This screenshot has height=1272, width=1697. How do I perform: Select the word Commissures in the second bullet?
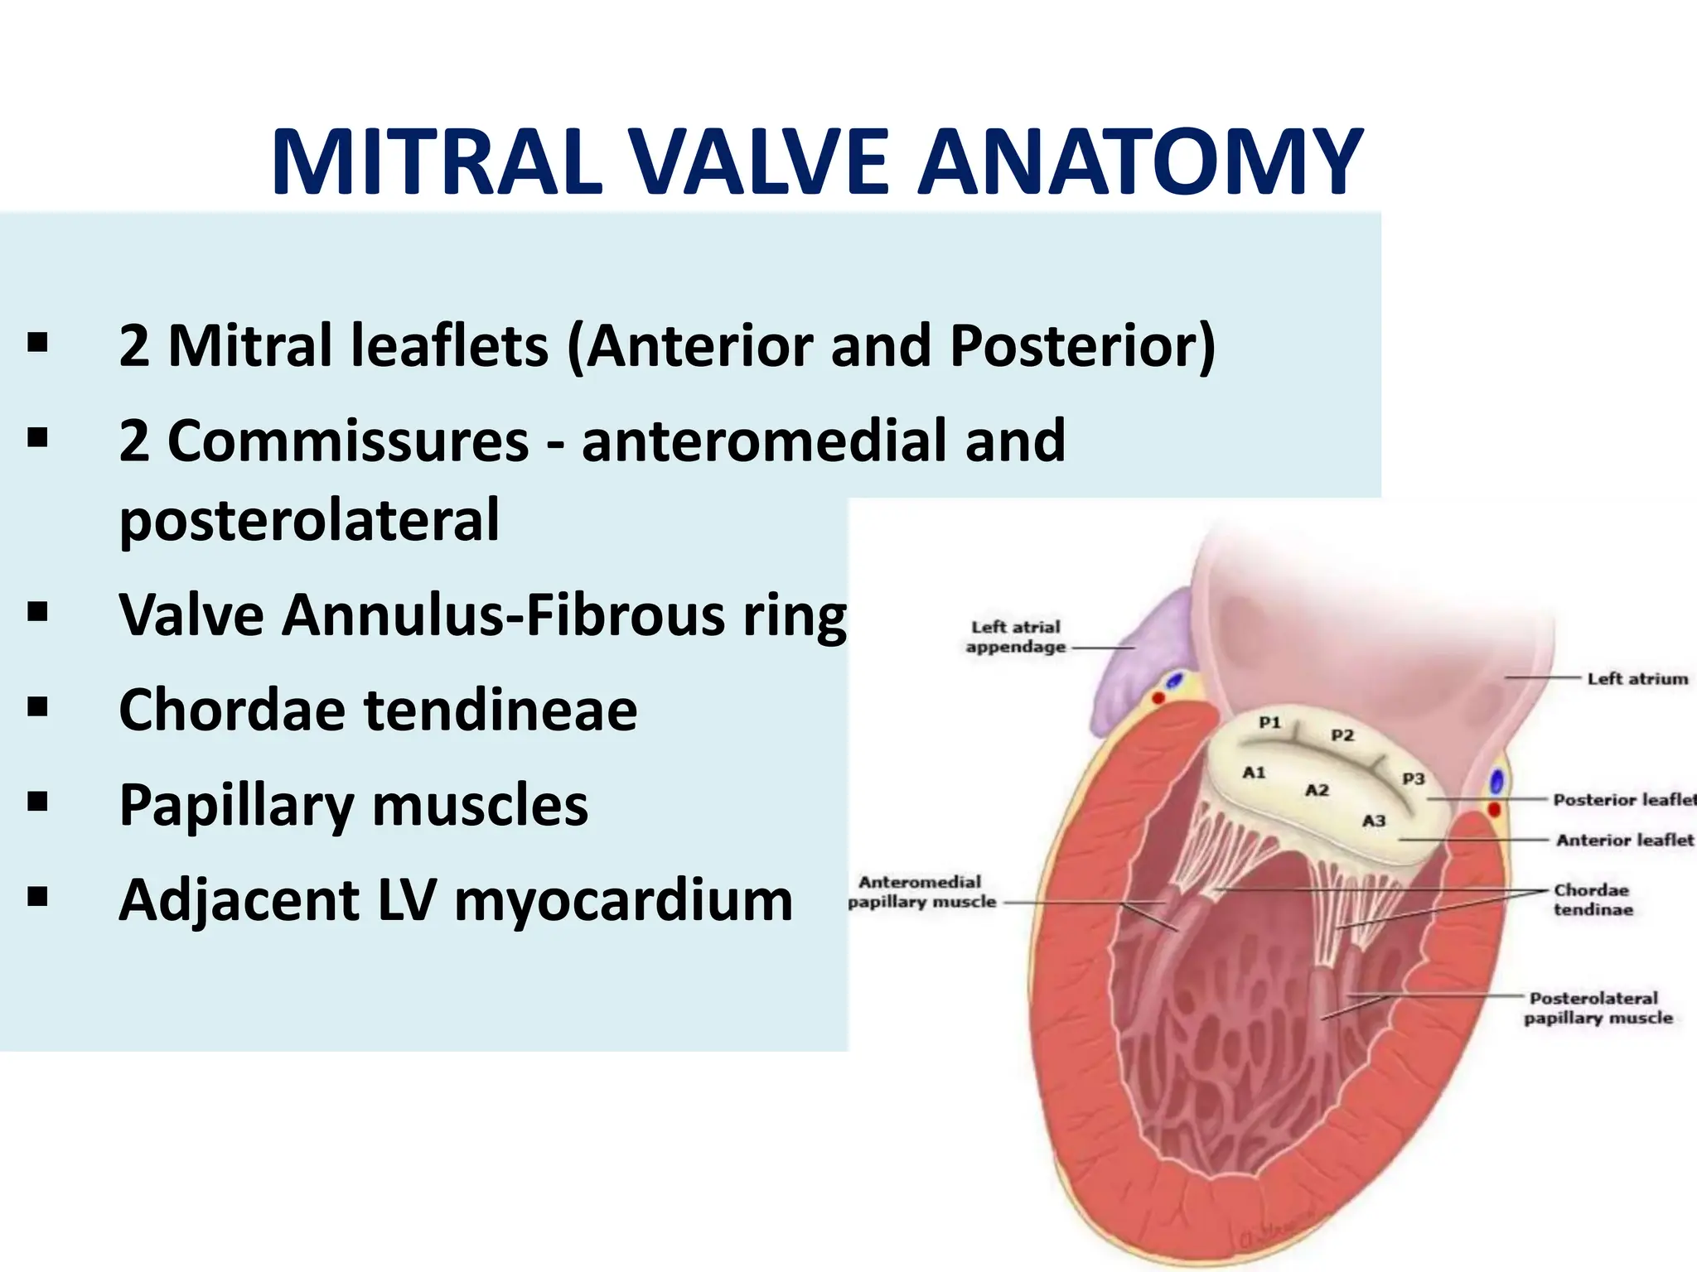click(x=348, y=441)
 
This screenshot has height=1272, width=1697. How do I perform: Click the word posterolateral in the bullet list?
click(x=309, y=520)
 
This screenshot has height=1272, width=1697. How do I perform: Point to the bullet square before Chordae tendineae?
click(x=37, y=707)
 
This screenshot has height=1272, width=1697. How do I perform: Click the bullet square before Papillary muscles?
click(x=37, y=802)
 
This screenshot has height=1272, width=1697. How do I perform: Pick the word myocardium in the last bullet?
click(x=623, y=900)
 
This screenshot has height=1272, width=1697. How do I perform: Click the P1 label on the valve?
click(x=1269, y=722)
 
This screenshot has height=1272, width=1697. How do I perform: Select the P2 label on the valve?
click(x=1342, y=735)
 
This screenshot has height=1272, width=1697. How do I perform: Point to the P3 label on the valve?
click(x=1413, y=778)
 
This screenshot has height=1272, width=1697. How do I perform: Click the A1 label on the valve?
click(x=1254, y=772)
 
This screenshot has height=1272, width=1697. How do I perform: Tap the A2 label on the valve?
click(x=1317, y=790)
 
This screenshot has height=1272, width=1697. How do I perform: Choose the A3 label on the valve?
click(x=1374, y=821)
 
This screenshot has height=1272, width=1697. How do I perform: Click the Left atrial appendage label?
click(x=1016, y=637)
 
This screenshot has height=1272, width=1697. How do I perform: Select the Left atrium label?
click(x=1637, y=679)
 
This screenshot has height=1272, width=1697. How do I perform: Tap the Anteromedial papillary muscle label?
click(x=921, y=892)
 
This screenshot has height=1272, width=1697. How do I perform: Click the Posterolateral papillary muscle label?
click(x=1598, y=1008)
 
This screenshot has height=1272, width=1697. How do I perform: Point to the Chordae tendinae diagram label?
click(x=1592, y=899)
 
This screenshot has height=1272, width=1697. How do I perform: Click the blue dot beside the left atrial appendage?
click(x=1174, y=682)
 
